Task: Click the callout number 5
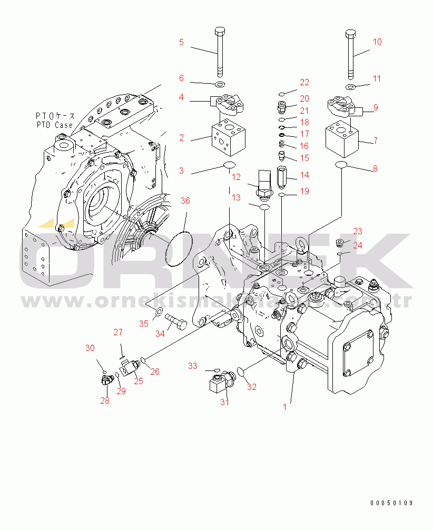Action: point(181,42)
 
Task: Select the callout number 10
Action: point(377,42)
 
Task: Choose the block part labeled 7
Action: point(342,139)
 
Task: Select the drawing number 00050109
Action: point(391,503)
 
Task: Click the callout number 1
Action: point(284,407)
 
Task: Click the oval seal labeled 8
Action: point(341,166)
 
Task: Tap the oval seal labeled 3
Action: point(229,167)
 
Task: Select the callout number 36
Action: point(185,201)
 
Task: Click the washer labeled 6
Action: point(219,84)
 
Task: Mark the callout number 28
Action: point(105,401)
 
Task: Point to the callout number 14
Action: point(304,175)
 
